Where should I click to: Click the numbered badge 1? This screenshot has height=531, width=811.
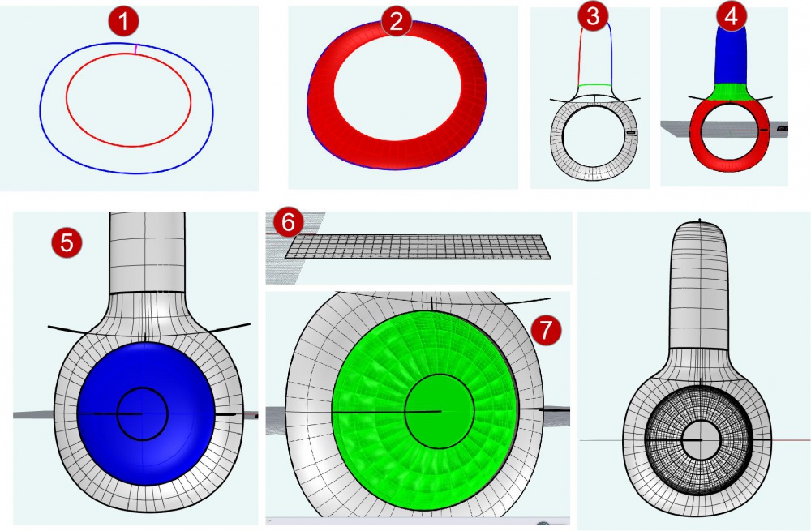[123, 22]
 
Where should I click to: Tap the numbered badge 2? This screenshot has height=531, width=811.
[397, 22]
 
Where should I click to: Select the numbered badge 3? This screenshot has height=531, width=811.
[593, 16]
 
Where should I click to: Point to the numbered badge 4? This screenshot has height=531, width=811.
[732, 16]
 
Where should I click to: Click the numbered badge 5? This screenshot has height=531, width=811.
[67, 242]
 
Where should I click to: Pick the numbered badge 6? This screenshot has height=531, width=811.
[288, 222]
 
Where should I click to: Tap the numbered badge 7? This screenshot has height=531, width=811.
[546, 330]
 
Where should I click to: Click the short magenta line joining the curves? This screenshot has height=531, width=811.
[135, 49]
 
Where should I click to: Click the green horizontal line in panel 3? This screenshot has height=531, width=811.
[594, 85]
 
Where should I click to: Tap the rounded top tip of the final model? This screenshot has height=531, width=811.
[700, 222]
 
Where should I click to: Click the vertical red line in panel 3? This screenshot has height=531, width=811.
[580, 54]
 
